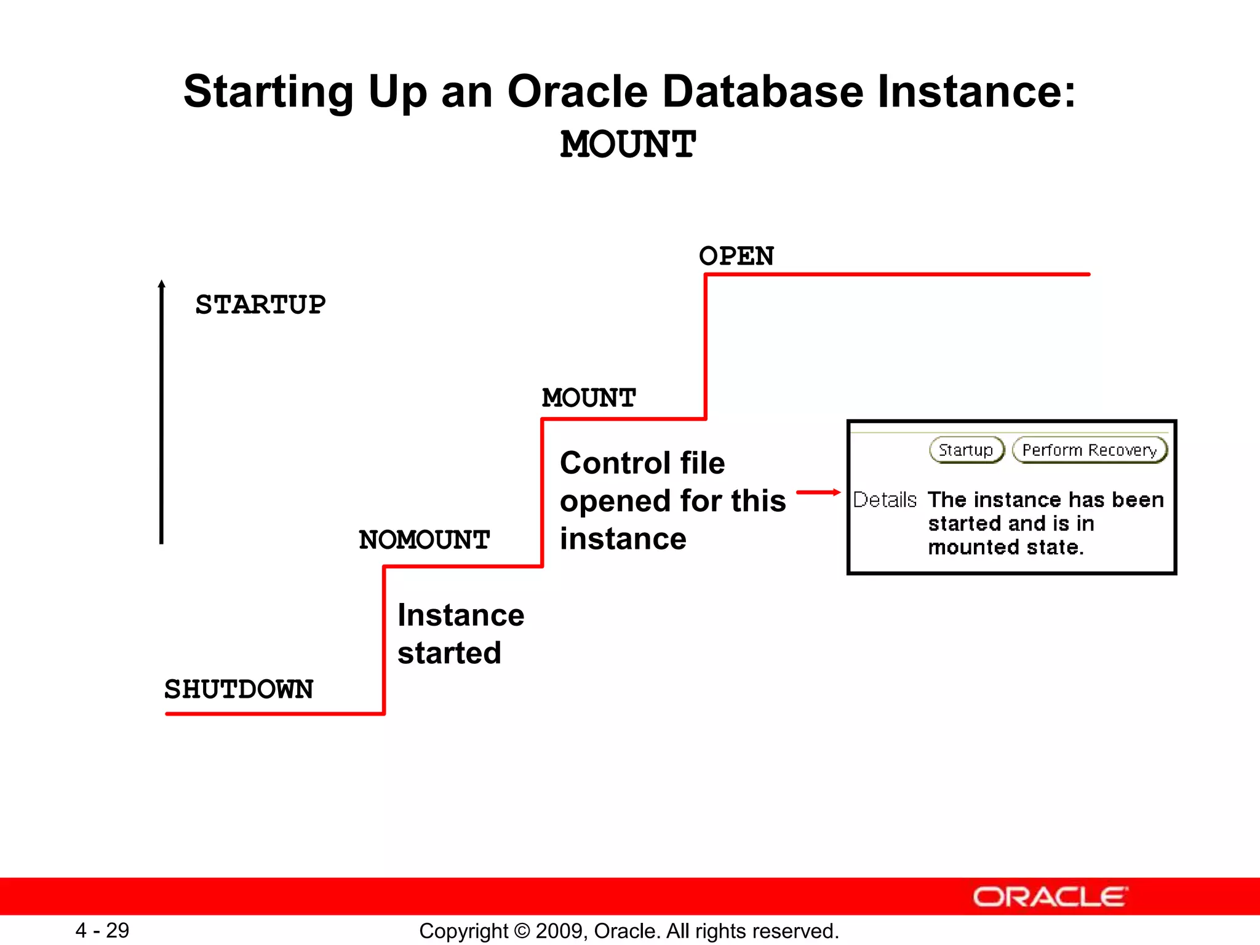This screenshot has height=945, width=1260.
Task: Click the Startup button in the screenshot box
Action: click(x=966, y=450)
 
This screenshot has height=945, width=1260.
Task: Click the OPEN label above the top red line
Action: click(x=736, y=256)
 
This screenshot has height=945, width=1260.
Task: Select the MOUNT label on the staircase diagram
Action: click(x=589, y=398)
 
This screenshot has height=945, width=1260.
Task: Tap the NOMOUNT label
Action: click(x=424, y=540)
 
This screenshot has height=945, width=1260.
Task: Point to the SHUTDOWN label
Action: click(x=239, y=689)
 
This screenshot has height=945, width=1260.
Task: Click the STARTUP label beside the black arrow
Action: click(x=260, y=305)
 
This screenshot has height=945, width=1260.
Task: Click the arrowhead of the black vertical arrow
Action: click(x=162, y=285)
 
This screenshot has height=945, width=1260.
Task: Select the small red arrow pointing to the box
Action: click(x=818, y=492)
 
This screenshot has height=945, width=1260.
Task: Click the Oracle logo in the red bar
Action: click(x=1050, y=897)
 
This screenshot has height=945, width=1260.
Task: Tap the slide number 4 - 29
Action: click(x=102, y=930)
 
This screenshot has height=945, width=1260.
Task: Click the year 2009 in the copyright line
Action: click(x=556, y=931)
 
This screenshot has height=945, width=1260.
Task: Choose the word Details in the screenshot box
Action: click(x=885, y=500)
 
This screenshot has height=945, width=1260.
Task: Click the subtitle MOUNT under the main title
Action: click(x=628, y=145)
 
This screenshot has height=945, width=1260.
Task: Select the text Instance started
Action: click(x=460, y=634)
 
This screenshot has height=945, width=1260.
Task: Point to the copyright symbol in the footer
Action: click(x=522, y=931)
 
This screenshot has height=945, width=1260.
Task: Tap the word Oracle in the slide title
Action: click(x=577, y=92)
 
